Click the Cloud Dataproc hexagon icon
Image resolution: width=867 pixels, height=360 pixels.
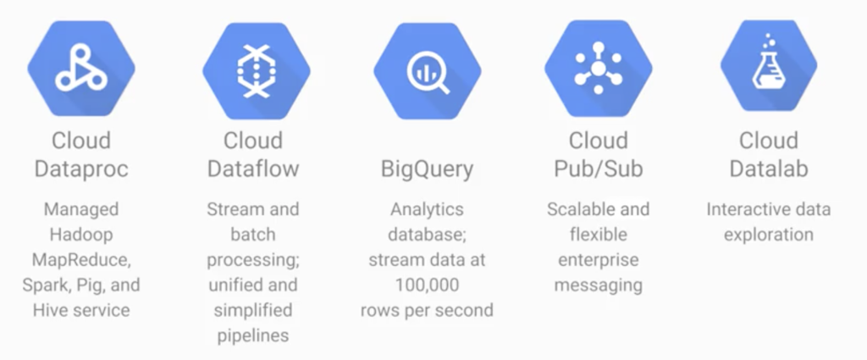81,69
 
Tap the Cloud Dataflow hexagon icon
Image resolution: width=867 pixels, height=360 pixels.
256,71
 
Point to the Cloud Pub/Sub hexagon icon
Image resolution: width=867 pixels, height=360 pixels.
599,69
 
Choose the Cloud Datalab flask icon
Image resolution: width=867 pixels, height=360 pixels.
769,66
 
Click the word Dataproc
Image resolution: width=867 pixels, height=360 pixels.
81,168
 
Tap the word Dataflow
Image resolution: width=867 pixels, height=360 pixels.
253,168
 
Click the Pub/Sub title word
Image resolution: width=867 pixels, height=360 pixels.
599,168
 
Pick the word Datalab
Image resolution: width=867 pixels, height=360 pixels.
769,168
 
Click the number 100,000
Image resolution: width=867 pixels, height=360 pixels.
427,285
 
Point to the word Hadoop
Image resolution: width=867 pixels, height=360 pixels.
81,235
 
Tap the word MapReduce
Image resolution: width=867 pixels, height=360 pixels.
81,260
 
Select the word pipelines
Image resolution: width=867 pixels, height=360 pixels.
253,336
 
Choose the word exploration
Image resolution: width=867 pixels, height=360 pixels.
769,235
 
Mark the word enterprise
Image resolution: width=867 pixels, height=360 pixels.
599,260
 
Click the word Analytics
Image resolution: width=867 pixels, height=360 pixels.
427,210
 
